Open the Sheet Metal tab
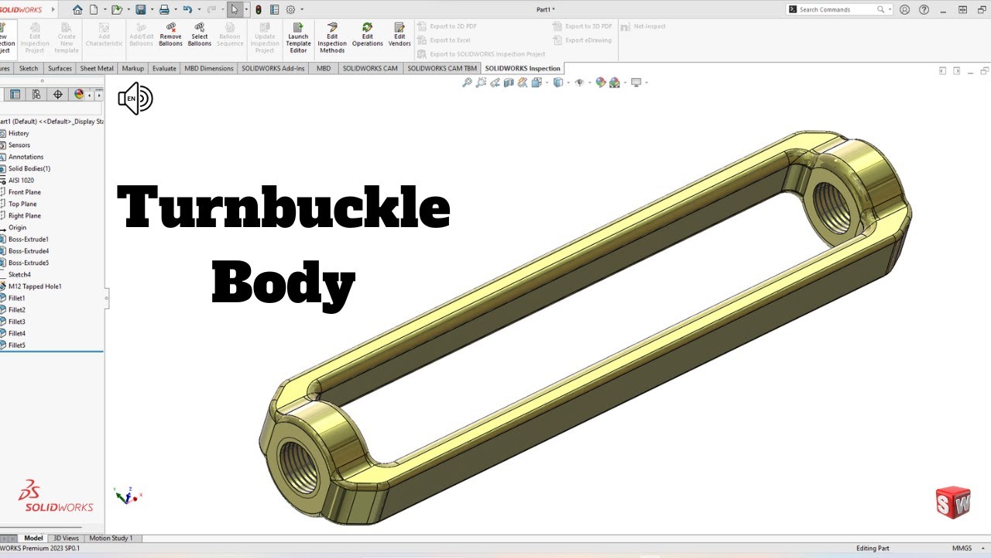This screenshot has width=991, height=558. (x=97, y=68)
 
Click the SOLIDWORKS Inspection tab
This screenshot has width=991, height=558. (x=523, y=68)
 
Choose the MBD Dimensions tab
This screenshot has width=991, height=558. (x=208, y=68)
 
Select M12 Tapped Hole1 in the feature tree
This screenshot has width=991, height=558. (x=35, y=287)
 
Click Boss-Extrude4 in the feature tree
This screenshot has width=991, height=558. (x=29, y=251)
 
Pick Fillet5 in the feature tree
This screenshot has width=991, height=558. (x=17, y=345)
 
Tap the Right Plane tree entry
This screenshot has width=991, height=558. (x=25, y=215)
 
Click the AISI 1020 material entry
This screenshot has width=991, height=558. (x=22, y=181)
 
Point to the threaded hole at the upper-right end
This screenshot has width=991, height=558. (x=835, y=206)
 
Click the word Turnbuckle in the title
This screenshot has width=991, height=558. (x=283, y=208)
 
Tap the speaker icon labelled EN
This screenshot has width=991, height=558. (x=135, y=98)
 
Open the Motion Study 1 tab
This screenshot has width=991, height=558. (x=111, y=538)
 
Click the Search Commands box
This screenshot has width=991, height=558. (x=836, y=9)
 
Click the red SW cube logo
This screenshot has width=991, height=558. (x=952, y=502)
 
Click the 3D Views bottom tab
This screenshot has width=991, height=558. (x=66, y=538)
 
